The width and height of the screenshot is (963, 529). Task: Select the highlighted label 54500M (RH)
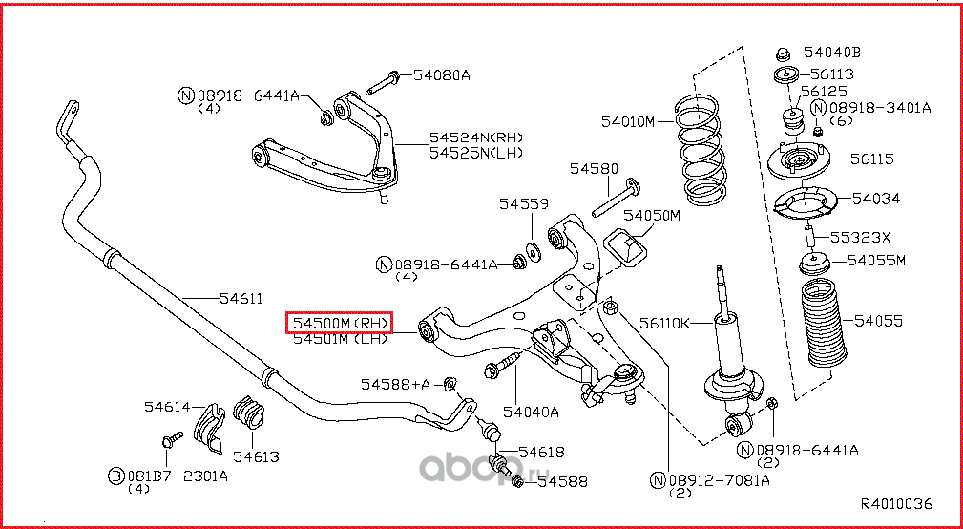(340, 323)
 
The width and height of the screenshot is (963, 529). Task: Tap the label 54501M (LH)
(340, 338)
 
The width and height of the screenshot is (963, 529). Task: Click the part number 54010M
(628, 121)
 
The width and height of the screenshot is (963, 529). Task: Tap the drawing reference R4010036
(896, 504)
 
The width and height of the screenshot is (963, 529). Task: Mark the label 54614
(168, 406)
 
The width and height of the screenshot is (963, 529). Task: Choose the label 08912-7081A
(718, 480)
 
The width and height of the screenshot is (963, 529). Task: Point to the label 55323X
(859, 237)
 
